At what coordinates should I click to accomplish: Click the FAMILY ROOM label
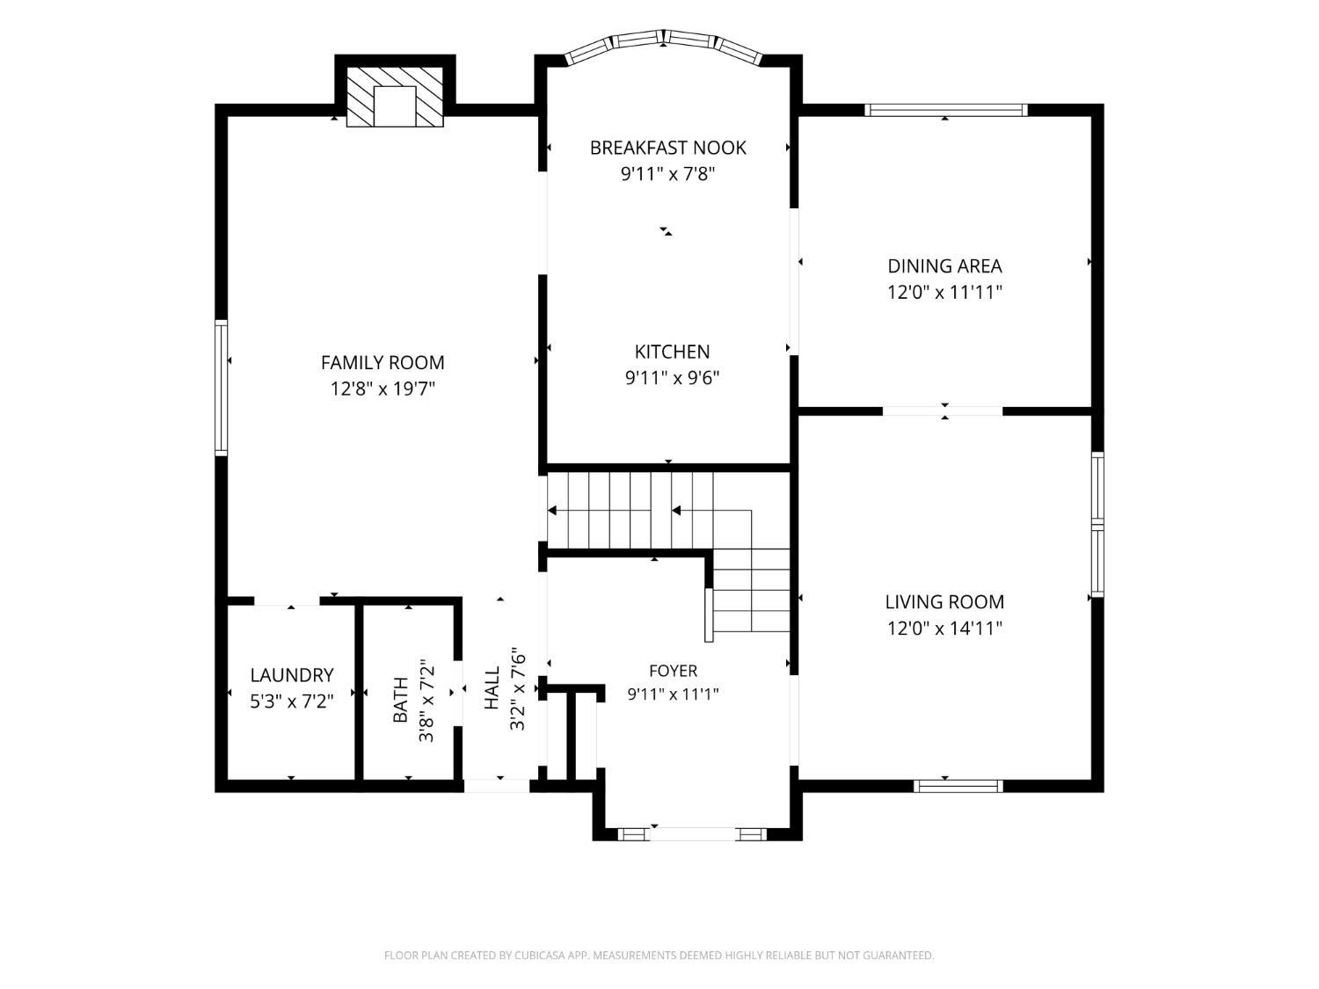(383, 363)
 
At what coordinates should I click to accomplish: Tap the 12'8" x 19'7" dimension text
(383, 389)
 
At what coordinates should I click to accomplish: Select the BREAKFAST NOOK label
(667, 148)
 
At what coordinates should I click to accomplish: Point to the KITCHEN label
(672, 352)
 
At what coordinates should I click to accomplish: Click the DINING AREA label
(944, 266)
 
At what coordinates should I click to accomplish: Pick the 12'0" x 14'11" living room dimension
(944, 628)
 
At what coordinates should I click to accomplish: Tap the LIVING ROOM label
(944, 601)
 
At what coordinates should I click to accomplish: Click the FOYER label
(673, 671)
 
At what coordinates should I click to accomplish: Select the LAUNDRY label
(291, 675)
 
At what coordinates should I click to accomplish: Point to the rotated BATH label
(400, 700)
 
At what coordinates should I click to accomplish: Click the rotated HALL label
(492, 688)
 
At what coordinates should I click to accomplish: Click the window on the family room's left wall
(221, 388)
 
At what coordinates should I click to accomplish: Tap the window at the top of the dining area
(945, 110)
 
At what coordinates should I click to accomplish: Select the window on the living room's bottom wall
(958, 785)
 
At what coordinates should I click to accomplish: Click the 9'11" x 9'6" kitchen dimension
(672, 378)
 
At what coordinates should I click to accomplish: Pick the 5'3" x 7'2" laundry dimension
(291, 701)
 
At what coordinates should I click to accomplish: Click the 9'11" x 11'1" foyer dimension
(673, 694)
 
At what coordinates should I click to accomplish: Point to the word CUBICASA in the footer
(540, 956)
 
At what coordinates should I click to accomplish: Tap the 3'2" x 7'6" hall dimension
(517, 688)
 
